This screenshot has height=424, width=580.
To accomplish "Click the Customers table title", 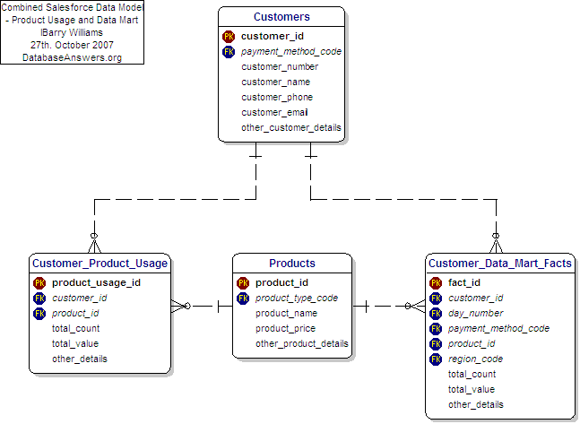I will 281,17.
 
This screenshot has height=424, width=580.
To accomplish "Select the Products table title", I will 292,264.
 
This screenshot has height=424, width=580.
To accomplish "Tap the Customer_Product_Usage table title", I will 100,264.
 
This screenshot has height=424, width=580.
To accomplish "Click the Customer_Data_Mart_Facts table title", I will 499,264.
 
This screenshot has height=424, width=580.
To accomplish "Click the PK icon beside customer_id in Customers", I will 229,37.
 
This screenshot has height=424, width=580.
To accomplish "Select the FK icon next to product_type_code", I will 243,299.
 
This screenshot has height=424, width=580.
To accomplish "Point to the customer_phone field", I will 276,97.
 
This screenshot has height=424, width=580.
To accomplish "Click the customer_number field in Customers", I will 280,66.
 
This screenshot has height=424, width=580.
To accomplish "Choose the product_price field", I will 286,329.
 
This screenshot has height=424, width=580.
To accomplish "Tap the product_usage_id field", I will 96,282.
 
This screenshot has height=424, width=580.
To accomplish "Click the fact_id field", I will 464,282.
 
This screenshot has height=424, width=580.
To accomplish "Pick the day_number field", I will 476,313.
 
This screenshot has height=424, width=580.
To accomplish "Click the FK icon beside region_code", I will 436,359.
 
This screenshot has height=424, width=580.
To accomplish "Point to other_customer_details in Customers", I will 291,127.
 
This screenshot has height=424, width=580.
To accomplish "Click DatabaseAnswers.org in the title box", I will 72,56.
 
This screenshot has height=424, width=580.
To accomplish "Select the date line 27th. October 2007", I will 72,44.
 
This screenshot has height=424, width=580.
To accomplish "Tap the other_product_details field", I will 302,344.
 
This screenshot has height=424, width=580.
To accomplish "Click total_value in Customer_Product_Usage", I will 75,343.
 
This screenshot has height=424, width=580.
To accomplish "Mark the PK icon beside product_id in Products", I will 243,283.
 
